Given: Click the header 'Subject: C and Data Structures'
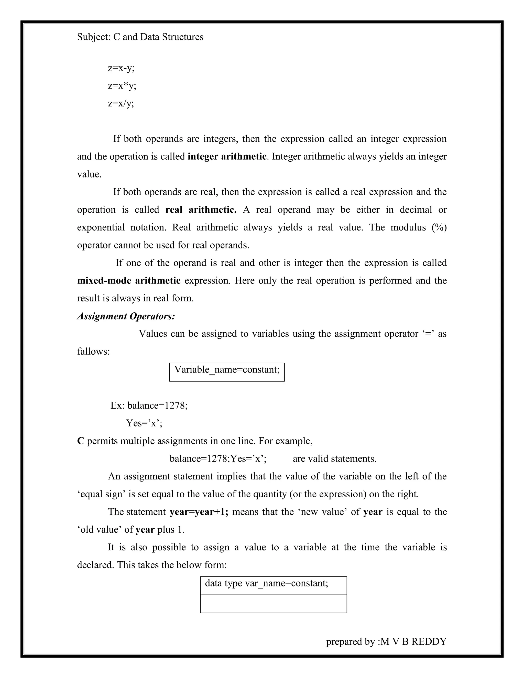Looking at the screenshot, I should [x=140, y=37].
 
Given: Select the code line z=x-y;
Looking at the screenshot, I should [x=121, y=68].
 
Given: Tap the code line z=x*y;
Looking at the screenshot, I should [x=122, y=85].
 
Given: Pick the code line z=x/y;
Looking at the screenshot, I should [x=121, y=103].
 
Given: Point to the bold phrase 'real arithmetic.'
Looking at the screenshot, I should [x=201, y=210].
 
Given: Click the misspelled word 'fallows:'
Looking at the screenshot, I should [x=93, y=352].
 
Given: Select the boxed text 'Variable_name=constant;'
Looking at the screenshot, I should [x=227, y=370].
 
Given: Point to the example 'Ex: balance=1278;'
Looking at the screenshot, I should [x=149, y=406].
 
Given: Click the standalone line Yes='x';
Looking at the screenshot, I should [x=144, y=423].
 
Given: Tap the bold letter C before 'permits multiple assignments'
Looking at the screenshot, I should [x=81, y=441].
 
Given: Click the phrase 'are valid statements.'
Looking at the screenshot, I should [x=334, y=458].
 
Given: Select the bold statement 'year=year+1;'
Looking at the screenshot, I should [x=199, y=512].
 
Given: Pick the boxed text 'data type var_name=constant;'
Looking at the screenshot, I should [x=266, y=583].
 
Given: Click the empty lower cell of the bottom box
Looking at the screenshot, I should [x=273, y=604].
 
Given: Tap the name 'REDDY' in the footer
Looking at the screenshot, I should [x=429, y=642].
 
